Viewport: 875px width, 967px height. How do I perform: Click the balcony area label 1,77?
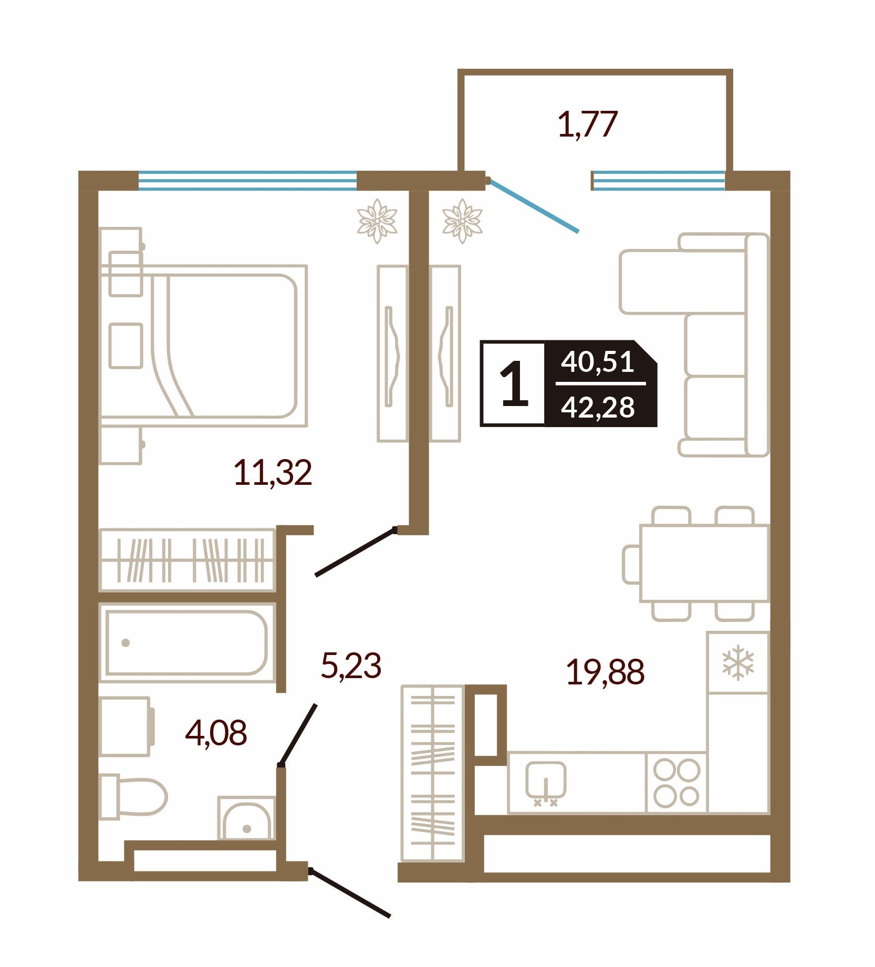587,124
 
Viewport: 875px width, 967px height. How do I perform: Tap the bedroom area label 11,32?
273,472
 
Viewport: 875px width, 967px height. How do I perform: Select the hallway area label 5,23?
351,666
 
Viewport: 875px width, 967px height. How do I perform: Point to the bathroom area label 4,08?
216,733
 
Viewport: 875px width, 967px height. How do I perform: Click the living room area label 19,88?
605,672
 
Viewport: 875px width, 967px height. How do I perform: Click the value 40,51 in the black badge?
598,362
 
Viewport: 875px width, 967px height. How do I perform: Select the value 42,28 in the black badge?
598,407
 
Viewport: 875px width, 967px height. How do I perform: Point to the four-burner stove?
676,783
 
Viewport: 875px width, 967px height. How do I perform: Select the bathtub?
186,642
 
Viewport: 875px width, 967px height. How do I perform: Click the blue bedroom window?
247,180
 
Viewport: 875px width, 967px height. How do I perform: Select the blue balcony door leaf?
534,205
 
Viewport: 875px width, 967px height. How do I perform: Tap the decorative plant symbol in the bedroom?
377,221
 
